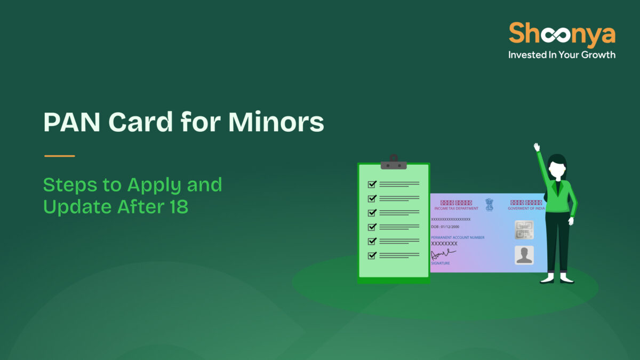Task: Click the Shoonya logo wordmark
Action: (x=562, y=34)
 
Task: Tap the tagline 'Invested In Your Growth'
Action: (x=562, y=54)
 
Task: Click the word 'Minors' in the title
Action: (x=276, y=123)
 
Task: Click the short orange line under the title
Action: (x=59, y=156)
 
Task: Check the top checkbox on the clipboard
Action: (x=372, y=185)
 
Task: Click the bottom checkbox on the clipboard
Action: (x=372, y=255)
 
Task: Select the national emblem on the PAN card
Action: (x=489, y=203)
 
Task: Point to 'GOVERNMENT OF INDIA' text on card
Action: (x=526, y=209)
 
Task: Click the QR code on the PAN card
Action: (x=524, y=230)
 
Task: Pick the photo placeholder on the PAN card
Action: (x=524, y=255)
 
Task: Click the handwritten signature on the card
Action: (x=443, y=254)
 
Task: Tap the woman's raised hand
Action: (x=537, y=147)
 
